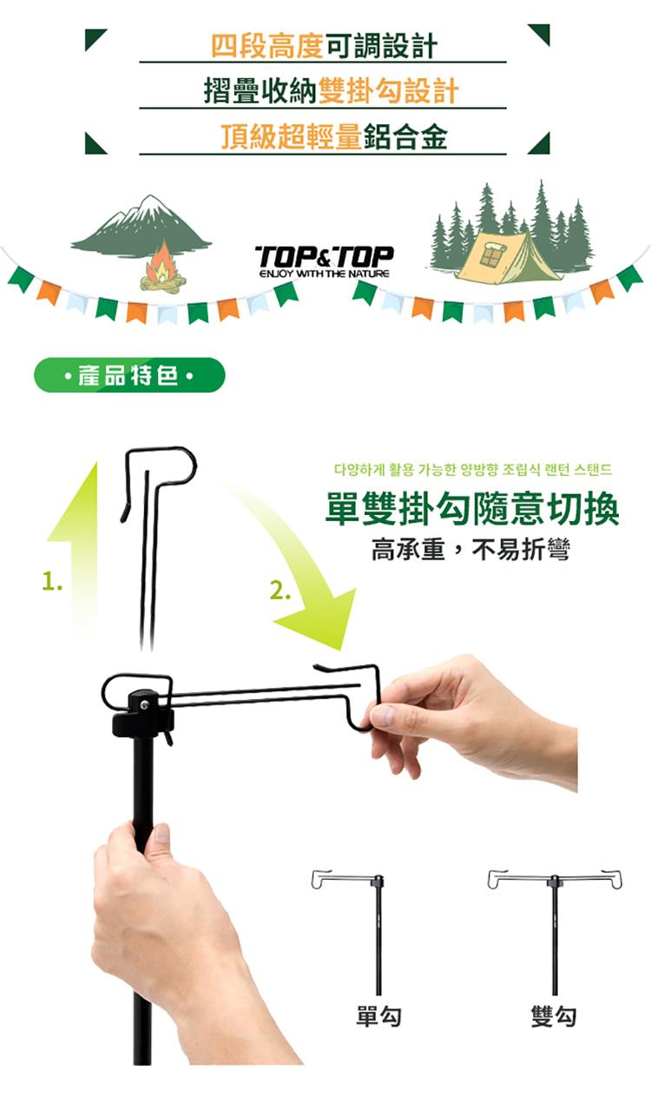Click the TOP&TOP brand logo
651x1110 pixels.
point(325,261)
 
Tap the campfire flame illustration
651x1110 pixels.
point(161,266)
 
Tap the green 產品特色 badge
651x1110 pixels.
point(129,375)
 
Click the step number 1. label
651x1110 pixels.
point(52,581)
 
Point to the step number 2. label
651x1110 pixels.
point(280,591)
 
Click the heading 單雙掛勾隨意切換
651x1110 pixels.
point(472,509)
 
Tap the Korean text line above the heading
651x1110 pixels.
point(473,469)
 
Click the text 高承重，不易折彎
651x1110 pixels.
point(470,550)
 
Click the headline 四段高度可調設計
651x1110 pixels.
point(325,45)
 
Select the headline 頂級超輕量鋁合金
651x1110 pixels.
point(334,136)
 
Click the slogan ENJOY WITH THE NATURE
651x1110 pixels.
point(325,274)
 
